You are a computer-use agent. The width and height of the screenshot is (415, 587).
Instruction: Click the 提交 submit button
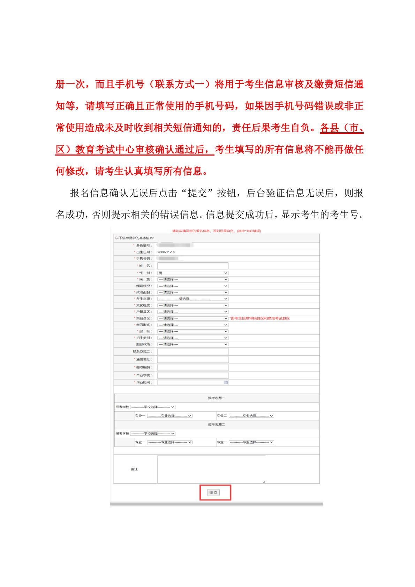[213, 492]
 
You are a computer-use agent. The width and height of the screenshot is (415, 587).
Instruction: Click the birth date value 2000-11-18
[166, 252]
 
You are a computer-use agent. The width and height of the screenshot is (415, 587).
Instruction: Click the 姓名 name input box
[193, 266]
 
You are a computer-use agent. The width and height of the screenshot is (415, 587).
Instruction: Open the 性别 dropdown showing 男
[193, 273]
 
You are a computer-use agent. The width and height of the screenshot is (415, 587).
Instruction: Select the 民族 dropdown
[193, 279]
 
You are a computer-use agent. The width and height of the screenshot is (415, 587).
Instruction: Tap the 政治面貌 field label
[144, 292]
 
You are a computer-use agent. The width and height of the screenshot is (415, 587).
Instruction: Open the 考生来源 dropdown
[193, 299]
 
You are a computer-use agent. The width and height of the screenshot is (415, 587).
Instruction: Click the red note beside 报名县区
[259, 318]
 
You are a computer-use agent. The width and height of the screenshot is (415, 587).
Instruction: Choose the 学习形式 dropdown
[193, 325]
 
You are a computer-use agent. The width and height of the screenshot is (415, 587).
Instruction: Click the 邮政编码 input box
[193, 367]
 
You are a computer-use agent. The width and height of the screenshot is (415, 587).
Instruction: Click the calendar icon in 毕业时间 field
[226, 383]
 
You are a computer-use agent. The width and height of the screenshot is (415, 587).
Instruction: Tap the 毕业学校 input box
[193, 375]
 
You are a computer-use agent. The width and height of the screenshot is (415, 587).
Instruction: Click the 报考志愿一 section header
[217, 398]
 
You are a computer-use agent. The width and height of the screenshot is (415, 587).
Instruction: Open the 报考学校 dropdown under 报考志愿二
[153, 434]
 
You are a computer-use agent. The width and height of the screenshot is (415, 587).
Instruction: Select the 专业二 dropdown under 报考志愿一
[251, 416]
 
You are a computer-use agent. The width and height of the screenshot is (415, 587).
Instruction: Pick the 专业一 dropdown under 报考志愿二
[169, 442]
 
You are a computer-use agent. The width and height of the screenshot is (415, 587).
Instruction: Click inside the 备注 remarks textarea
[211, 469]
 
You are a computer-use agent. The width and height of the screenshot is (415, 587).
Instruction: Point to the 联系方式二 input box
[193, 352]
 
